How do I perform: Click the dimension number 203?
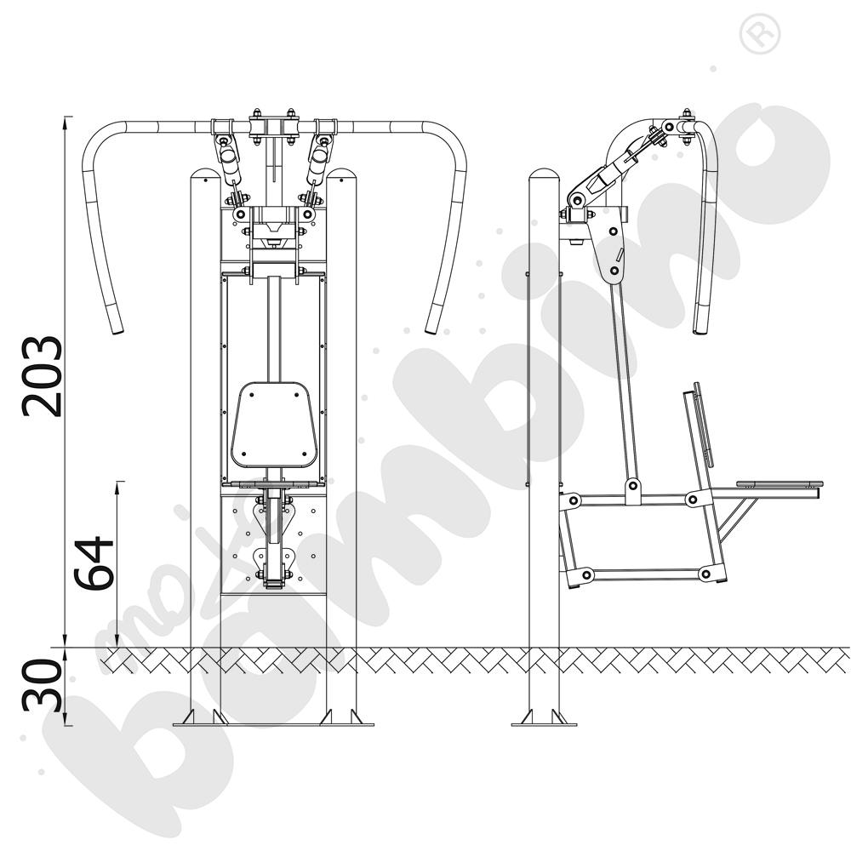tap(43, 376)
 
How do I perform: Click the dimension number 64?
tap(94, 563)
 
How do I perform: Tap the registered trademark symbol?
tap(760, 34)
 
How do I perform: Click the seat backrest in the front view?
tap(274, 425)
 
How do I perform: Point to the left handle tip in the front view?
tap(117, 328)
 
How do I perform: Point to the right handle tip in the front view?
tap(431, 328)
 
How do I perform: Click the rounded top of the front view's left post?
tap(205, 175)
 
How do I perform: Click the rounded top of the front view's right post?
tap(341, 175)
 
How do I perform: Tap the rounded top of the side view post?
tap(544, 175)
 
